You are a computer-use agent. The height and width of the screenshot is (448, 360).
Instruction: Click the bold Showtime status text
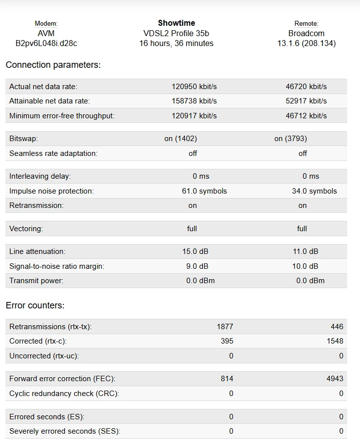click(x=177, y=23)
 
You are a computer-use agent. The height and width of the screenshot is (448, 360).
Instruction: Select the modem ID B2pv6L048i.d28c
click(x=46, y=44)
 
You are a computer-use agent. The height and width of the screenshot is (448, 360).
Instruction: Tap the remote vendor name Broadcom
click(x=306, y=34)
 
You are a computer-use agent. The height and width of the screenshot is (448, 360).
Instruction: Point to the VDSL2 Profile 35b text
click(x=176, y=34)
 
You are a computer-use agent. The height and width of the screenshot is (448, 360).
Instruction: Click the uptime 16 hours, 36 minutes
click(x=176, y=44)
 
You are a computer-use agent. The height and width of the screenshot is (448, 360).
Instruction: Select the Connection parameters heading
click(x=53, y=65)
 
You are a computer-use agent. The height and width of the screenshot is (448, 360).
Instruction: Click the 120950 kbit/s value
click(x=194, y=87)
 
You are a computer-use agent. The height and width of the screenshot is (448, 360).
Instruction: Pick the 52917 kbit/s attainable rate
click(x=306, y=101)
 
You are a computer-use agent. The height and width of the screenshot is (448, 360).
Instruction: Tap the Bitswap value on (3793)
click(x=291, y=139)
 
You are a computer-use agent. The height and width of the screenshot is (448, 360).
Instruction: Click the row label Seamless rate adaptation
click(x=53, y=153)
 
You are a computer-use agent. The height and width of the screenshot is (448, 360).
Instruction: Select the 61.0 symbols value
click(x=204, y=191)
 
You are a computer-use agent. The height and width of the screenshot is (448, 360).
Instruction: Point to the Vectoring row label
click(x=26, y=229)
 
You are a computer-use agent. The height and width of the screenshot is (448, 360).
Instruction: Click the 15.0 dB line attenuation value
click(x=195, y=251)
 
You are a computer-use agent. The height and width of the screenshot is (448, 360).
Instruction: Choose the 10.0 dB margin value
click(x=306, y=266)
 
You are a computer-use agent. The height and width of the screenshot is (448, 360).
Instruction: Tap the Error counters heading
click(x=35, y=305)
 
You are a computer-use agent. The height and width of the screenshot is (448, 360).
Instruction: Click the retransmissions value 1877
click(x=225, y=327)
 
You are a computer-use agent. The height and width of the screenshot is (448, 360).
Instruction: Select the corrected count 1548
click(x=335, y=341)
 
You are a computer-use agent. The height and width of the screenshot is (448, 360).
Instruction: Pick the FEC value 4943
click(x=335, y=379)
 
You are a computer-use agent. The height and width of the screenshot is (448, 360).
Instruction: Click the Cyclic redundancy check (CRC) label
click(x=64, y=394)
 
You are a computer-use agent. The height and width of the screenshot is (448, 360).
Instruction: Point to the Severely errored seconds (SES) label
click(x=65, y=431)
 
